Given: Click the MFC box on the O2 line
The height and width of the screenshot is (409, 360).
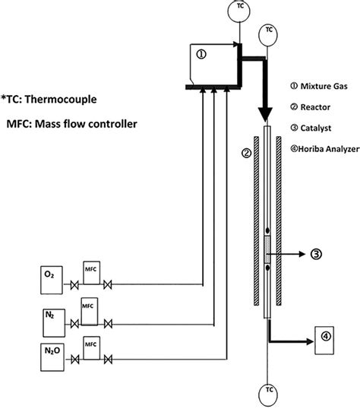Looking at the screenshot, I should tap(91, 273).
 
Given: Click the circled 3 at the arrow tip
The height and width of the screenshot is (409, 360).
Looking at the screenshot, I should tap(316, 255).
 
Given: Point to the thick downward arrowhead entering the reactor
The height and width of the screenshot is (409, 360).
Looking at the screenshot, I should tap(267, 116).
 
